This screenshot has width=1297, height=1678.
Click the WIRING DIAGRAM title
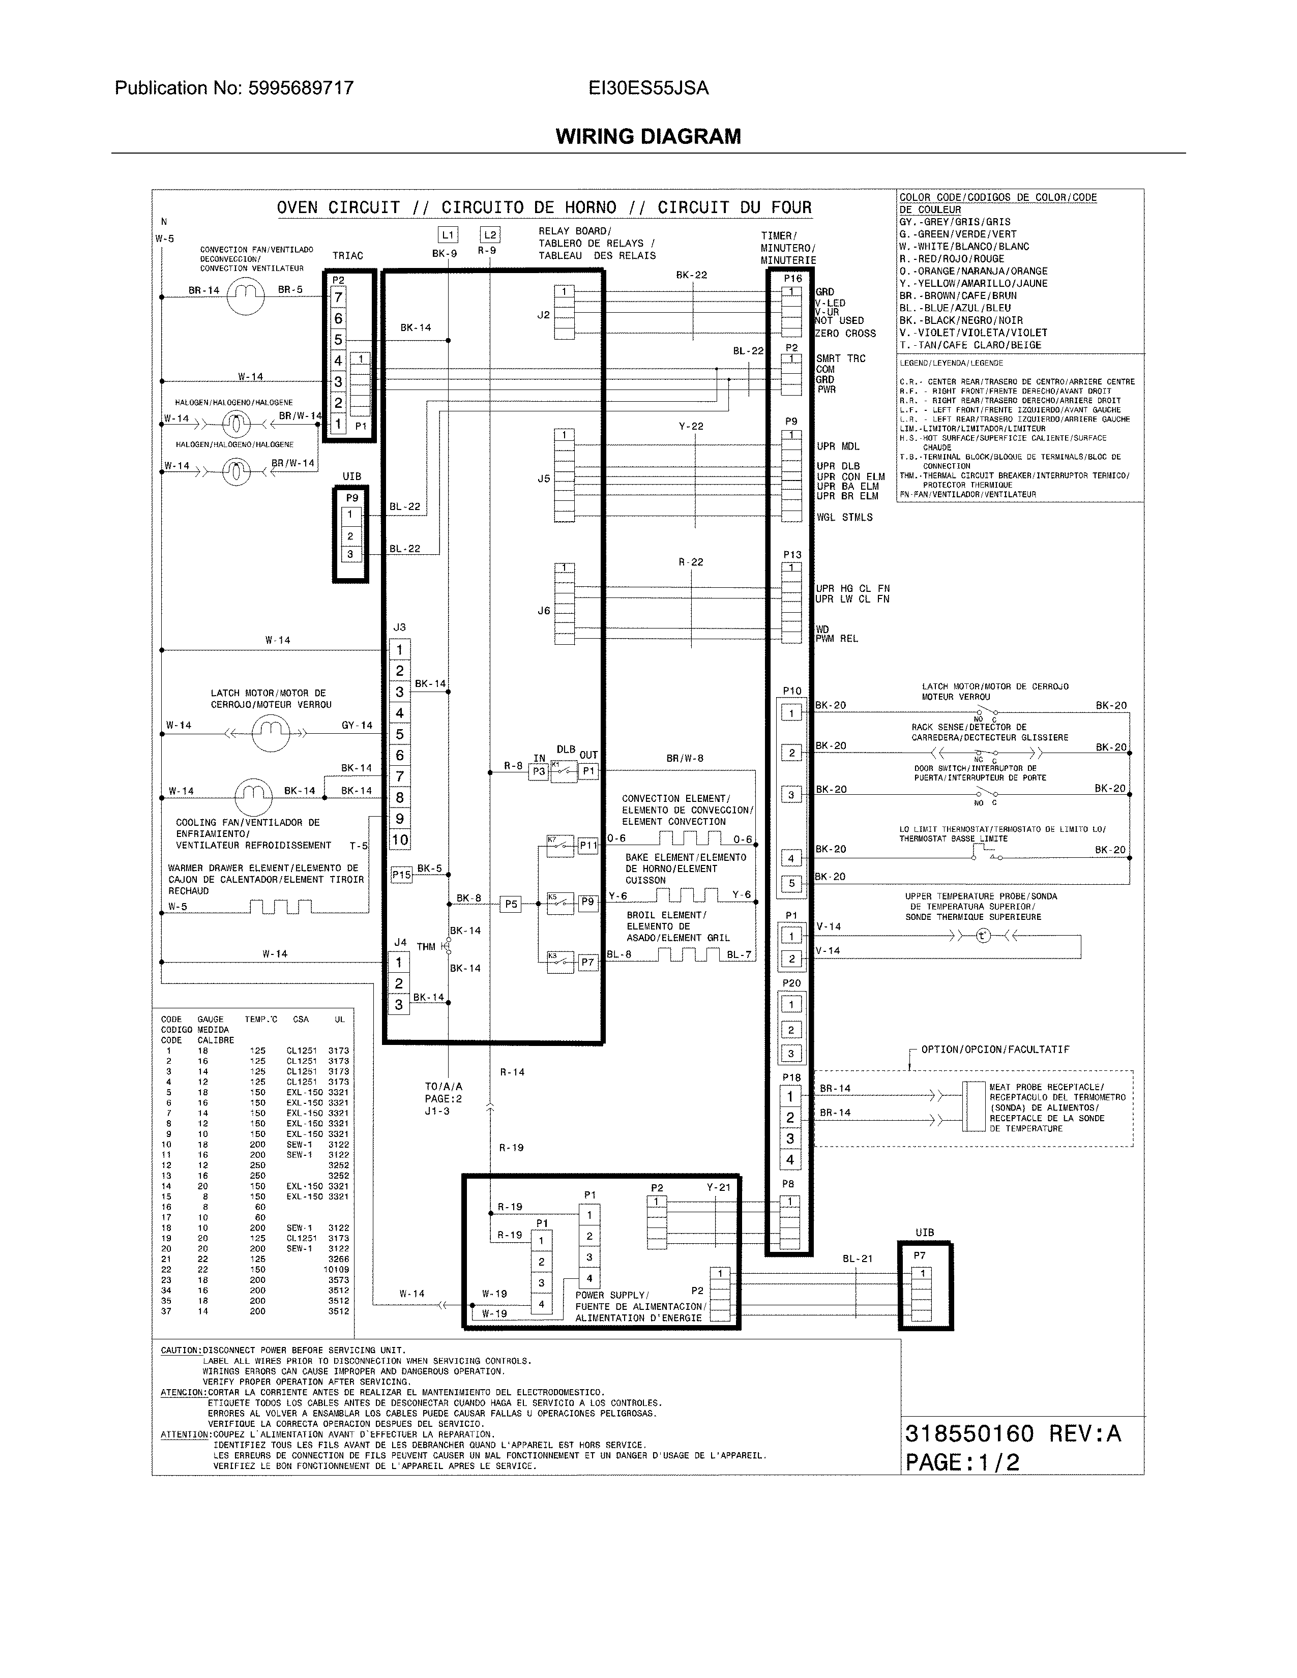point(647,137)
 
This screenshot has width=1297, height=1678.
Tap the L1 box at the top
point(448,235)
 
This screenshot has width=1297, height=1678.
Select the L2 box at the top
point(489,235)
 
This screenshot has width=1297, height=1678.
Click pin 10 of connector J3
point(400,840)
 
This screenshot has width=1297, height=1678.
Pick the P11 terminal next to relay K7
point(588,845)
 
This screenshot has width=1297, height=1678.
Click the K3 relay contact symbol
point(560,961)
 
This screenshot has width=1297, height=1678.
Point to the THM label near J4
point(426,947)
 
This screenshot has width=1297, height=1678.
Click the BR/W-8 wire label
point(685,758)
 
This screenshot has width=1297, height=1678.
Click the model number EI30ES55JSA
point(647,88)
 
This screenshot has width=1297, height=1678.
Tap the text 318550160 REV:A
point(1013,1434)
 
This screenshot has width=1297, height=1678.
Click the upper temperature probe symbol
point(984,936)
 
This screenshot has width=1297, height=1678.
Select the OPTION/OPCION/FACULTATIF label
point(995,1050)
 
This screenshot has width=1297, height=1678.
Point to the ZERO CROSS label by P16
point(845,334)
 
